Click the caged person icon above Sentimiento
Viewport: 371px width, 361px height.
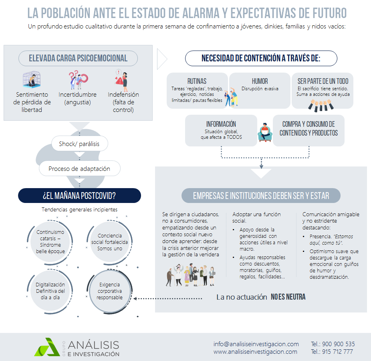coord(32,79)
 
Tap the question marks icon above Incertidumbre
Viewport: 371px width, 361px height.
coord(78,79)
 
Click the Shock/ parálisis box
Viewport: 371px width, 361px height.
coord(79,144)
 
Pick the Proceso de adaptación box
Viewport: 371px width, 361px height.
coord(79,168)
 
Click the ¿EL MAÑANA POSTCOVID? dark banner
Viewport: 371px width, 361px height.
coord(79,195)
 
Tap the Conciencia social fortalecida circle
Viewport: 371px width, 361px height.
coord(109,242)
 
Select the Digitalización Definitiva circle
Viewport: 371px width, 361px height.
coord(50,291)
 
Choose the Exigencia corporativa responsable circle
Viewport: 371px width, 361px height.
coord(109,291)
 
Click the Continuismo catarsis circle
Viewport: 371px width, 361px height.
coord(50,241)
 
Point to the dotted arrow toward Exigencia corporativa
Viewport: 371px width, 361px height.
coord(168,298)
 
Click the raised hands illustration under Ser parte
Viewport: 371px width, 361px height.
coord(321,105)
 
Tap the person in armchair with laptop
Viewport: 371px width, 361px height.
coord(265,132)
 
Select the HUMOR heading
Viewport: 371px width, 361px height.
coord(260,81)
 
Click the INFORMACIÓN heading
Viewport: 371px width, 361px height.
coord(221,124)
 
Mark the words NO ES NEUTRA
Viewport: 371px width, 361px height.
coord(288,297)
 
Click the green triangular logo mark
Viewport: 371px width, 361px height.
coord(47,347)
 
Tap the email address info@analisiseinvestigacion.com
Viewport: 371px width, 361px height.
coord(256,344)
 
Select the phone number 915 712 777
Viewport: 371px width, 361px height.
coord(337,352)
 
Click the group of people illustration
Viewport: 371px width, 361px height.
coord(191,274)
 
